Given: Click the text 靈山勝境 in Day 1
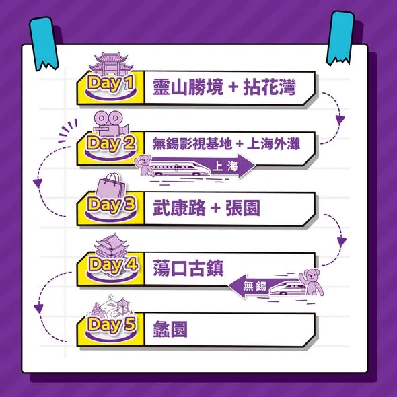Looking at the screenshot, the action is (188, 87).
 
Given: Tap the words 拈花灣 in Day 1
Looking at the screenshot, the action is (270, 87).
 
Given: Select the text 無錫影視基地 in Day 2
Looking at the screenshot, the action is (192, 144).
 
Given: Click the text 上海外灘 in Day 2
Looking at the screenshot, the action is (273, 144).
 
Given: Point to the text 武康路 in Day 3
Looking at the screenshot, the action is (179, 208).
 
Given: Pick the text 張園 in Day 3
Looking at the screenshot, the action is (243, 208).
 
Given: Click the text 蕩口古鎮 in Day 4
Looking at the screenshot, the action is (188, 268).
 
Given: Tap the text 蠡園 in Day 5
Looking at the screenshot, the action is (170, 329).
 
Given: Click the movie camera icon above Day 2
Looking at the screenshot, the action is (111, 124).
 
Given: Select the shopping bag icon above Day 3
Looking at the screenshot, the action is (111, 185).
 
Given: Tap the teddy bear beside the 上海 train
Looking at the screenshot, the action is (144, 166).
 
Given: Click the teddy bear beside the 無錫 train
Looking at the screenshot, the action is (311, 282).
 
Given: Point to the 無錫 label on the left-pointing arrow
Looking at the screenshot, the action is (254, 286).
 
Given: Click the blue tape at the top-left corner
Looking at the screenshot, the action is (44, 44).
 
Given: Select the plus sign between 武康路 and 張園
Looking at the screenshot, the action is (215, 208).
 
